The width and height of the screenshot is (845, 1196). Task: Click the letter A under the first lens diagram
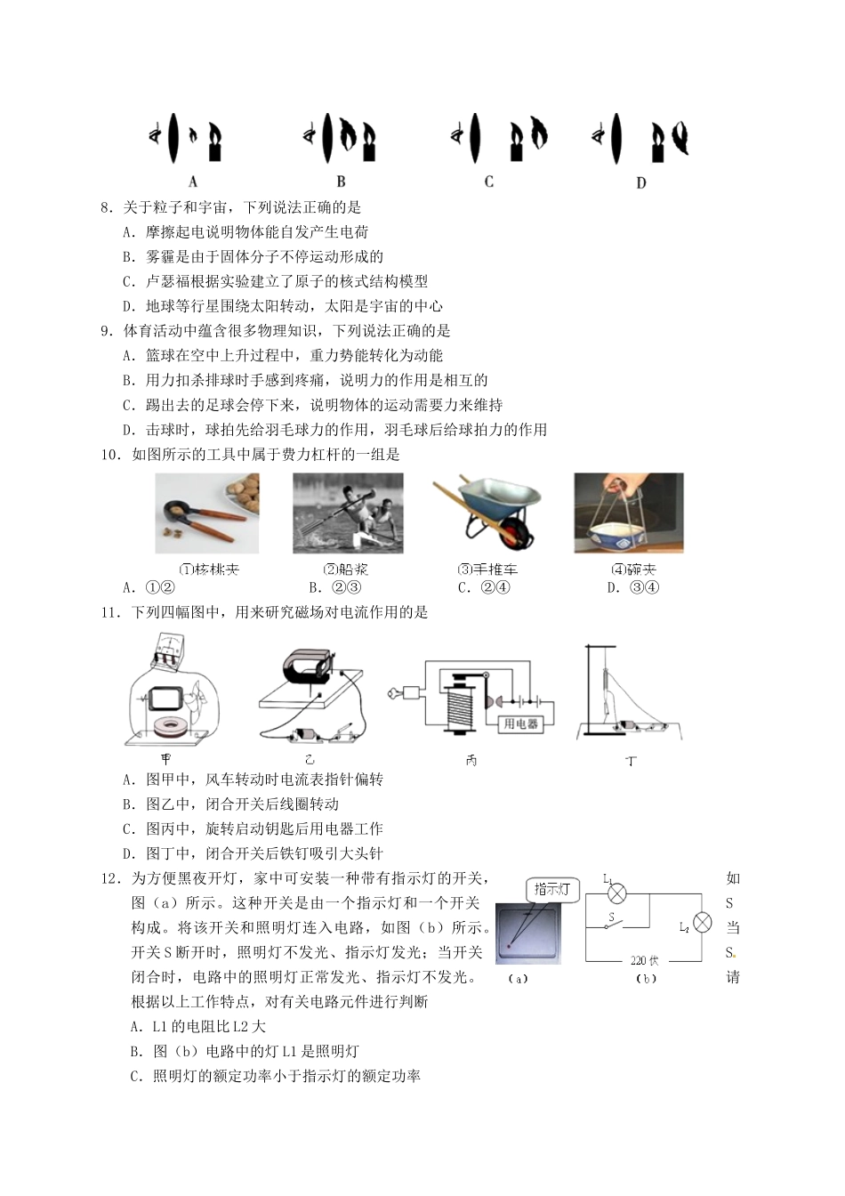193,182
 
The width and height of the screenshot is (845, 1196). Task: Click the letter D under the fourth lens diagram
641,182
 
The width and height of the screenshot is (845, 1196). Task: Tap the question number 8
106,207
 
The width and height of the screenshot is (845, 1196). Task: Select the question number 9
106,331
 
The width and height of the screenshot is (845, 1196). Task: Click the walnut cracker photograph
208,513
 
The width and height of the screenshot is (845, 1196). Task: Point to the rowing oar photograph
348,513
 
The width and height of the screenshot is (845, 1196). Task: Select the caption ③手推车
487,570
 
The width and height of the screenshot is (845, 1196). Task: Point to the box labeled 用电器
521,724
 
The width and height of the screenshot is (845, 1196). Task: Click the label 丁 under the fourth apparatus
631,762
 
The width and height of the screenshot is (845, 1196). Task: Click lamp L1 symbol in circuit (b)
616,893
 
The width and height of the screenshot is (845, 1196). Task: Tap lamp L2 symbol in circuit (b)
702,923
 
